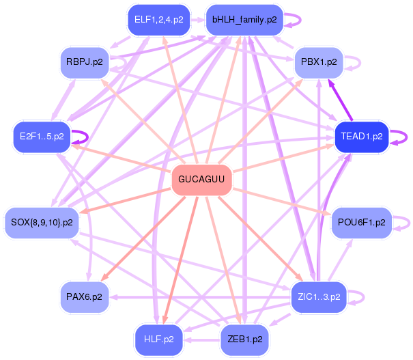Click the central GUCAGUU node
[201, 180]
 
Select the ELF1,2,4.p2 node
[158, 19]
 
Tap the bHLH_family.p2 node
[244, 19]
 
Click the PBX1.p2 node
[319, 61]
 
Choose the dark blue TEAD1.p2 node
[361, 136]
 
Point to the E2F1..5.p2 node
[42, 136]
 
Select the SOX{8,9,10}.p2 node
[42, 222]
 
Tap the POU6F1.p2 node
[361, 222]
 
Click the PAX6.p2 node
[85, 296]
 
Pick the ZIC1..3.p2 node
[319, 296]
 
